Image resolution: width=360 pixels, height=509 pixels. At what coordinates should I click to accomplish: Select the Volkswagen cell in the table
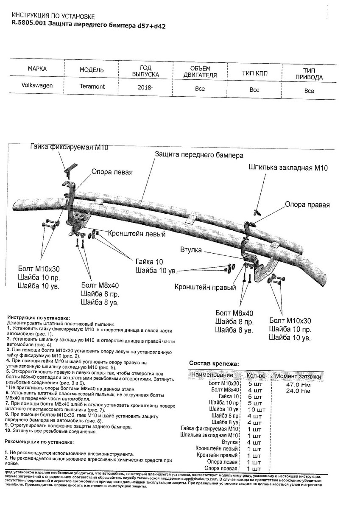[x=37, y=85]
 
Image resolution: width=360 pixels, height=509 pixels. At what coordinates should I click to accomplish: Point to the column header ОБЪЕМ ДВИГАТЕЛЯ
[x=200, y=72]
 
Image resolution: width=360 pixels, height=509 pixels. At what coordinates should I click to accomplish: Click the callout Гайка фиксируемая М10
[x=70, y=147]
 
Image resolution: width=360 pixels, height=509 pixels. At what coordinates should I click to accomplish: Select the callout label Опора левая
[x=112, y=172]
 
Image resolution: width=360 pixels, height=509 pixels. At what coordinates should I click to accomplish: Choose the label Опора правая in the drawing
[x=307, y=204]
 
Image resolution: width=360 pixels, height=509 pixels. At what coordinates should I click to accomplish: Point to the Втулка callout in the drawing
[x=191, y=250]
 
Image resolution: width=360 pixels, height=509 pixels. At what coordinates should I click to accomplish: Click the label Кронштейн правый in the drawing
[x=205, y=287]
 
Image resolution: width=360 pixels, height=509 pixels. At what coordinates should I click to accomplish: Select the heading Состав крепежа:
[x=214, y=363]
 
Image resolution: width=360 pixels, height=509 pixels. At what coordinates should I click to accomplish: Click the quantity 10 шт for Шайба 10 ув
[x=256, y=410]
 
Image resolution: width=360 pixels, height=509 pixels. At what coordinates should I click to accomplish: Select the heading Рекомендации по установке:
[x=39, y=442]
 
